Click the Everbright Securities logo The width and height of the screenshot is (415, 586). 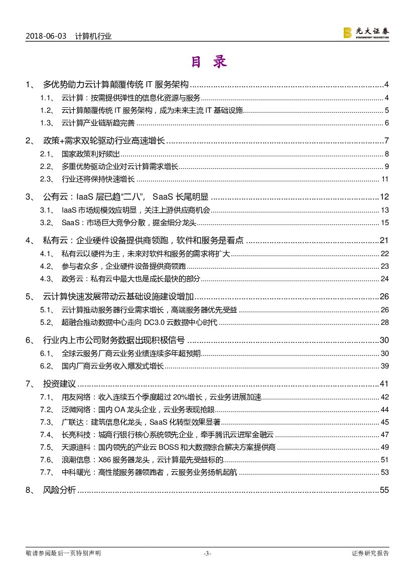[366, 33]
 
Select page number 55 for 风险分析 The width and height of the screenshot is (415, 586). [384, 490]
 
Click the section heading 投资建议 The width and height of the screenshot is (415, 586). [59, 384]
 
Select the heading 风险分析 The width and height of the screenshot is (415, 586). [59, 490]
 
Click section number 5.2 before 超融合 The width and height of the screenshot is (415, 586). [46, 322]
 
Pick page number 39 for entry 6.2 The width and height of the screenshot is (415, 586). [385, 366]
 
